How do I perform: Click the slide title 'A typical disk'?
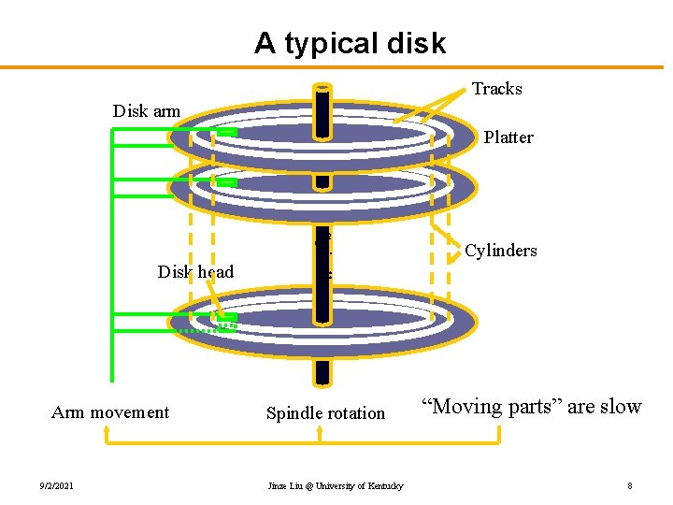click(x=351, y=43)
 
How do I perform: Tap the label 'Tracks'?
click(x=496, y=89)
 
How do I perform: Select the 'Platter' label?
click(x=508, y=137)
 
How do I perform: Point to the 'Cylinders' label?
click(x=501, y=251)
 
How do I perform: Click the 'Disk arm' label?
click(x=147, y=111)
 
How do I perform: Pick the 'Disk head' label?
click(x=195, y=272)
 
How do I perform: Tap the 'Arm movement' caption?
click(x=110, y=412)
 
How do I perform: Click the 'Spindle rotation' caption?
click(x=325, y=413)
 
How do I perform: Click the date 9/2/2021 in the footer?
click(x=57, y=485)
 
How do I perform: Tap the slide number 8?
click(x=630, y=485)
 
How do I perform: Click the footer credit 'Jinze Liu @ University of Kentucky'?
click(x=336, y=485)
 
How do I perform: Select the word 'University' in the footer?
click(x=356, y=485)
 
